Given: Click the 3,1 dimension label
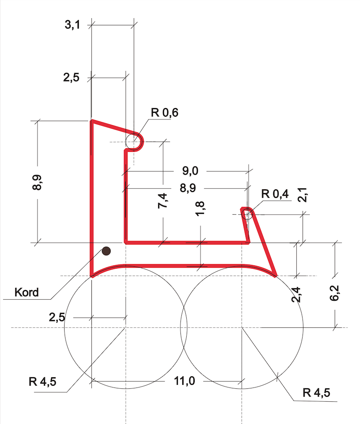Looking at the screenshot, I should [x=72, y=25].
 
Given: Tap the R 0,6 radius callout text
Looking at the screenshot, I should [x=164, y=113].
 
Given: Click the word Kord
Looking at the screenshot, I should [x=27, y=293].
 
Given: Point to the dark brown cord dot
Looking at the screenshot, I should [x=106, y=251].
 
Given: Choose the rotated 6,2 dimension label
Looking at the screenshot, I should [x=335, y=296].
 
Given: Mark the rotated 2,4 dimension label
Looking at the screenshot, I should [x=296, y=295].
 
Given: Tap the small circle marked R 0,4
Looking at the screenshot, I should [x=247, y=214].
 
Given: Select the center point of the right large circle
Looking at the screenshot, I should [x=242, y=328].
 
